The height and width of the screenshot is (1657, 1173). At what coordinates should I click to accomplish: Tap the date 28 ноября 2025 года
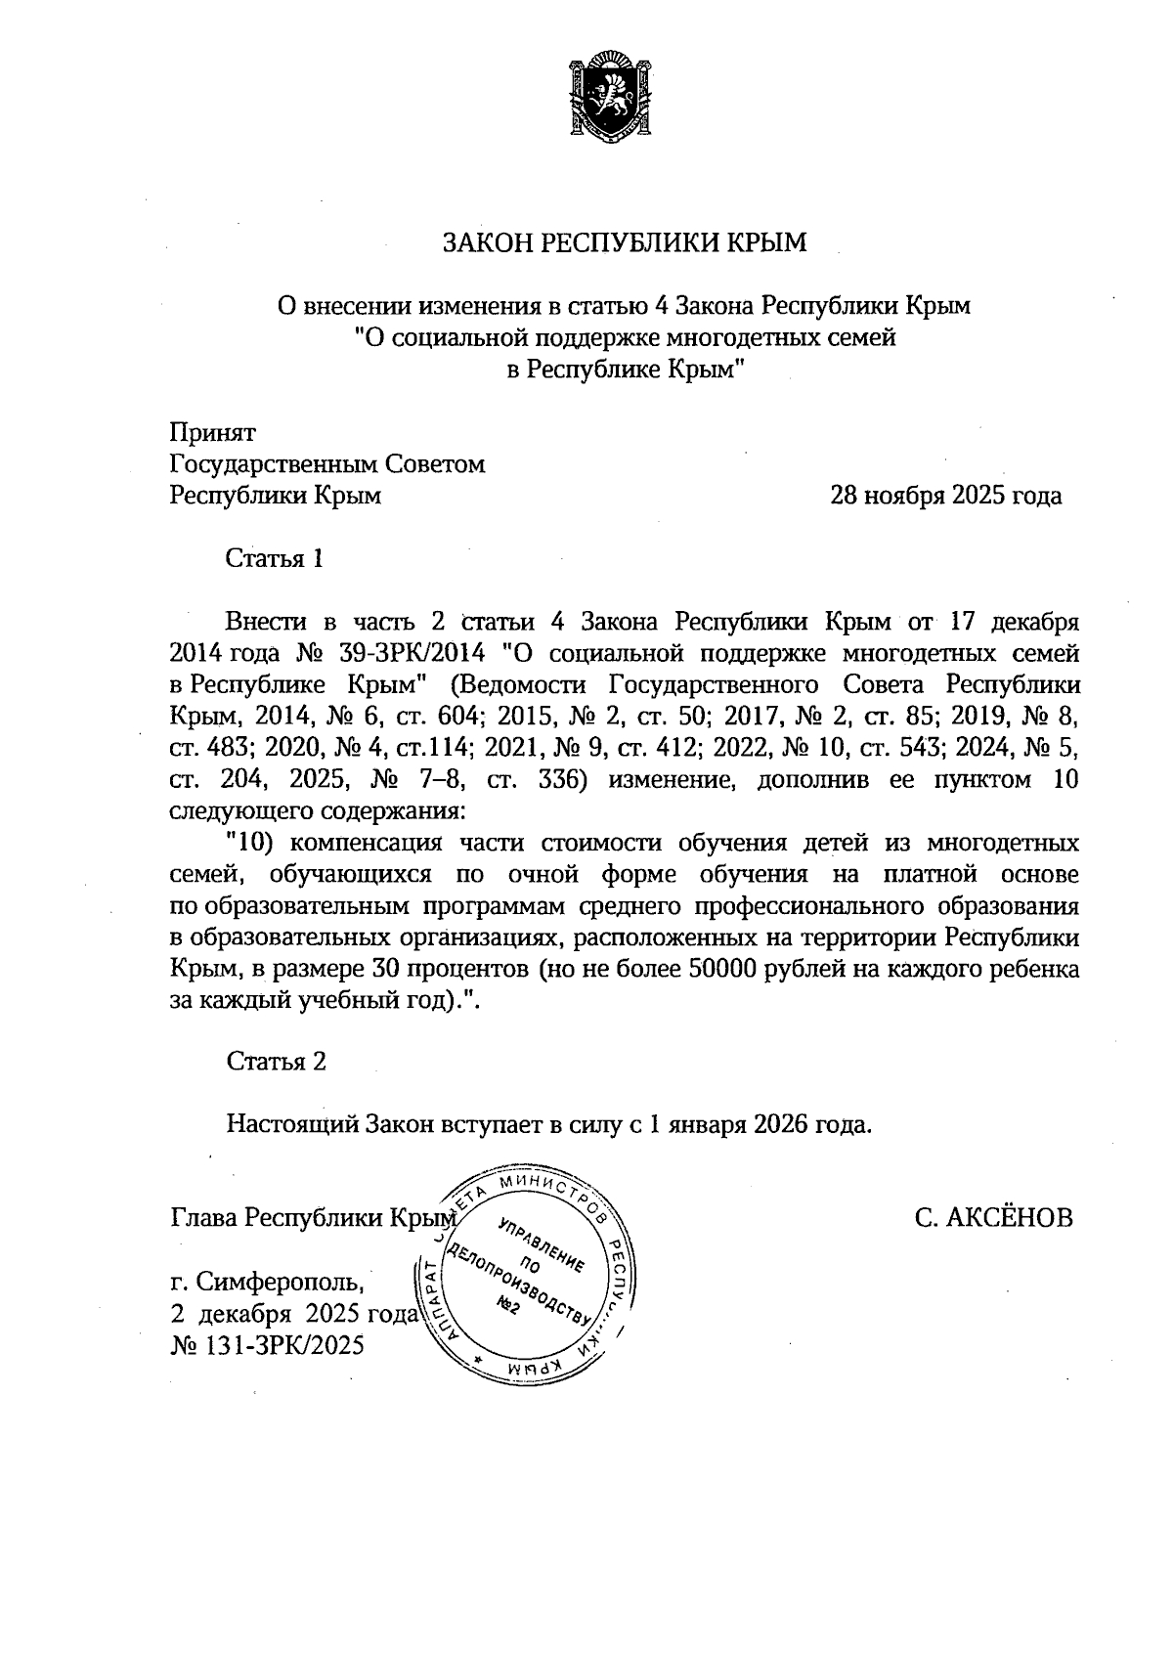[x=945, y=496]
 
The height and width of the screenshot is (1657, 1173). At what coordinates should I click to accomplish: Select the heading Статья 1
[x=274, y=559]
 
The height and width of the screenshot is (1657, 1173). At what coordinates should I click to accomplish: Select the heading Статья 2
[x=276, y=1062]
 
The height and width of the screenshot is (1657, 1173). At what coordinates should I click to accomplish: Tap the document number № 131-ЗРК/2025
[x=267, y=1346]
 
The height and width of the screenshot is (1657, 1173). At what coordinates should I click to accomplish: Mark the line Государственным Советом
[x=327, y=464]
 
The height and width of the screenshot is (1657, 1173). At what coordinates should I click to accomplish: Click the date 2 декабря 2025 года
[x=294, y=1313]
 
